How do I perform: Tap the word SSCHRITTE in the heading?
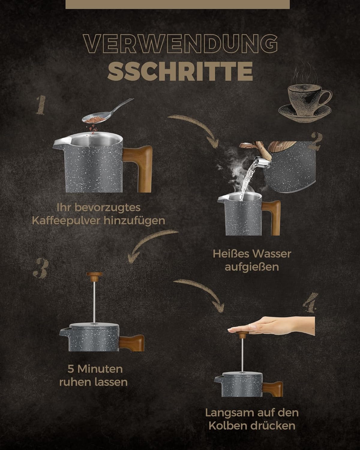(180, 71)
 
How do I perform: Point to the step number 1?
(41, 105)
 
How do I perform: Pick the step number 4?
(310, 303)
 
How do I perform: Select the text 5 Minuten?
(95, 369)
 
